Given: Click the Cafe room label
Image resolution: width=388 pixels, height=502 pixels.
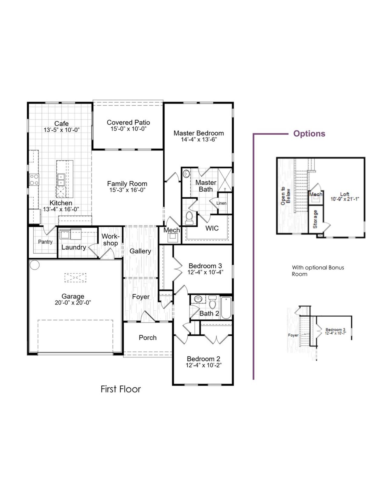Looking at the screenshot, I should pos(61,124).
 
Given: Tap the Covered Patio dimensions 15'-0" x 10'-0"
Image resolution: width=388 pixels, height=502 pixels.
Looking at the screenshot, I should pos(128,129).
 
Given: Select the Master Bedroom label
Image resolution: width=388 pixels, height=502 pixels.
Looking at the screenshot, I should pos(199,133).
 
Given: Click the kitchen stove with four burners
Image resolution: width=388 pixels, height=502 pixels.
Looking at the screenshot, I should pos(34,180).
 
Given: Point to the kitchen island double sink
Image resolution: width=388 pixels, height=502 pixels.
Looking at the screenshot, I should pos(61,179).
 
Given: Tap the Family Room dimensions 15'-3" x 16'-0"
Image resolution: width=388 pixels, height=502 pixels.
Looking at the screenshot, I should pos(127,190).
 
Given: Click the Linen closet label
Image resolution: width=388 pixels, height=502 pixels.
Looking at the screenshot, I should pos(221,203).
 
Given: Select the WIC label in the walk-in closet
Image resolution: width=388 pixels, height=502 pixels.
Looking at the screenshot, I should pos(212,228).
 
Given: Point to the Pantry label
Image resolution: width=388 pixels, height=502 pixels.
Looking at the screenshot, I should pos(45,242).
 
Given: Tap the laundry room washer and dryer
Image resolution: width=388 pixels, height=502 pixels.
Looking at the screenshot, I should pos(70,234).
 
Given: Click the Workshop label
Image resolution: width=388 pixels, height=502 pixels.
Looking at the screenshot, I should pos(110,240).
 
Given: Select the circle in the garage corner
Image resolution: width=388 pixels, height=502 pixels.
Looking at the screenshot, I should pos(35,265).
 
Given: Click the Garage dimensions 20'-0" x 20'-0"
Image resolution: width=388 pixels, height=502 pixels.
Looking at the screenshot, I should pos(73,302).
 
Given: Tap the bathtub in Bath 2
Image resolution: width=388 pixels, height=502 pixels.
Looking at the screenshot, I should pos(226,308).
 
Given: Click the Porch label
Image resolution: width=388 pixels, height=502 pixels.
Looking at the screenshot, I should pos(148,338).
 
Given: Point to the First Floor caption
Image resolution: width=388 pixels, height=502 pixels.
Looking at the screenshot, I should pos(121,389).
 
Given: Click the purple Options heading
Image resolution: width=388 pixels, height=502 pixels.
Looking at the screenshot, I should pos(309,134).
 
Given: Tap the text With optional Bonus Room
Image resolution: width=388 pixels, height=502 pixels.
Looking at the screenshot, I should pos(318,271).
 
